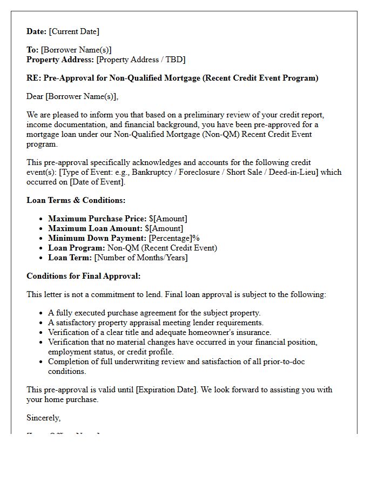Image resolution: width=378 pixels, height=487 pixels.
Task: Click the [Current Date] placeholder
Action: click(x=74, y=31)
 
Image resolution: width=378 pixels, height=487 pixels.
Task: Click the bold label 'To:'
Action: click(x=32, y=50)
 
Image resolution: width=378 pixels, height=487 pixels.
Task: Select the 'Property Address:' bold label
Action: click(x=60, y=60)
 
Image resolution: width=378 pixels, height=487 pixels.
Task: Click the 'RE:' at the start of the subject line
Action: click(x=33, y=78)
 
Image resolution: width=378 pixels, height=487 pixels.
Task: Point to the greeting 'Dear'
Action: click(x=35, y=96)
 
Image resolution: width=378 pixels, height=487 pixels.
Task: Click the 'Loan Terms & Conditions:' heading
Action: click(x=76, y=200)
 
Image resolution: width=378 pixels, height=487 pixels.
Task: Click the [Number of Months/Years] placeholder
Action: click(x=141, y=258)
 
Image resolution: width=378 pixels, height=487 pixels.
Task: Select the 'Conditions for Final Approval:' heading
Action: click(x=83, y=276)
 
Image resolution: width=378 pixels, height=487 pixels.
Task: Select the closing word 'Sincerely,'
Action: click(x=44, y=418)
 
